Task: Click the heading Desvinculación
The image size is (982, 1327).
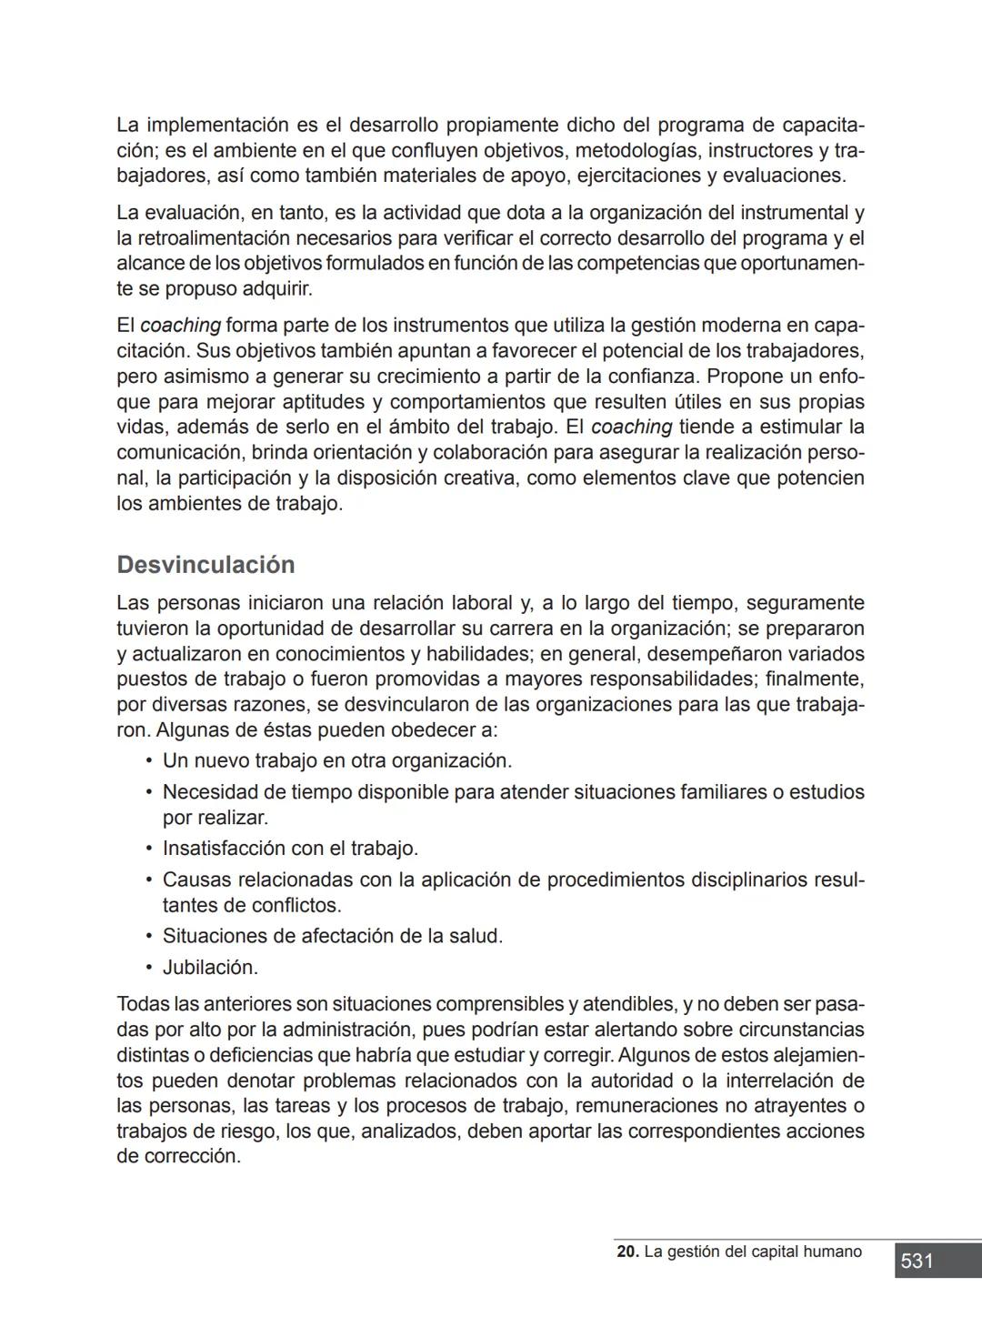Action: pyautogui.click(x=205, y=565)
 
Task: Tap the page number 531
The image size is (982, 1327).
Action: pyautogui.click(x=917, y=1261)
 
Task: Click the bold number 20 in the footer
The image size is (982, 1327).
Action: pyautogui.click(x=626, y=1252)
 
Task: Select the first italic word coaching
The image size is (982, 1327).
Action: pyautogui.click(x=180, y=326)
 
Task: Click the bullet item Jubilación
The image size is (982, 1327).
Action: pyautogui.click(x=210, y=968)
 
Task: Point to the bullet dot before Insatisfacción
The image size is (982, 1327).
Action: pyautogui.click(x=148, y=849)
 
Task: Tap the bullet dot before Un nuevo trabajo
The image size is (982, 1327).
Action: pyautogui.click(x=148, y=760)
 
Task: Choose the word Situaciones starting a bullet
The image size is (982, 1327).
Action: pyautogui.click(x=215, y=936)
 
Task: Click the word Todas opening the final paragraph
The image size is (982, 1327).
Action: pyautogui.click(x=143, y=1004)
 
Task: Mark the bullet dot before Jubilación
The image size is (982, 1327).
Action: pyautogui.click(x=148, y=968)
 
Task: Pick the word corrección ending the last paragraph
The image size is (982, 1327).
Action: pyautogui.click(x=192, y=1157)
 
